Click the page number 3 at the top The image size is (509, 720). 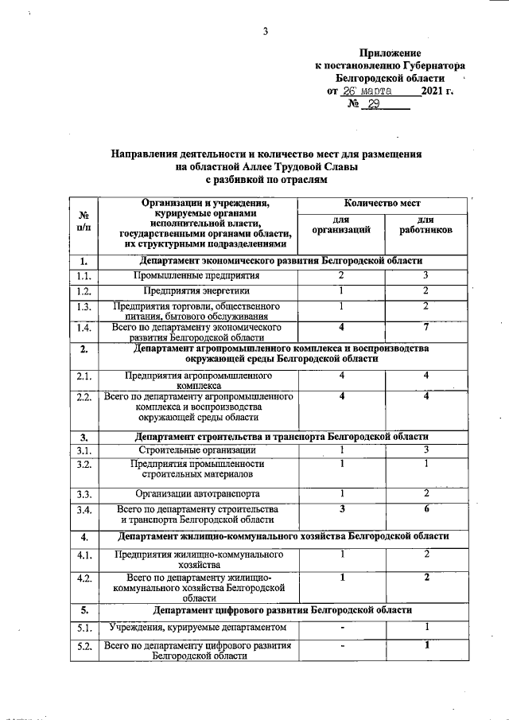click(266, 32)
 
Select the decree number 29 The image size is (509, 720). click(371, 104)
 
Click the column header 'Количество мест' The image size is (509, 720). click(383, 204)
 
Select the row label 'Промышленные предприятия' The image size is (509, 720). click(196, 276)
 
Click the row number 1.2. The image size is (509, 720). click(84, 291)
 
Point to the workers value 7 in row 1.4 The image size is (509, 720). click(426, 327)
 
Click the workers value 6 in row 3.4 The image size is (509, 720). click(426, 508)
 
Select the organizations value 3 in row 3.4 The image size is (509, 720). click(341, 508)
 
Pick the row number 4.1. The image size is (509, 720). click(84, 555)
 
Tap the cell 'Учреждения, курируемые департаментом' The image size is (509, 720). click(197, 628)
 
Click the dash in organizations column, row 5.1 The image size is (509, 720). click(341, 628)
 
